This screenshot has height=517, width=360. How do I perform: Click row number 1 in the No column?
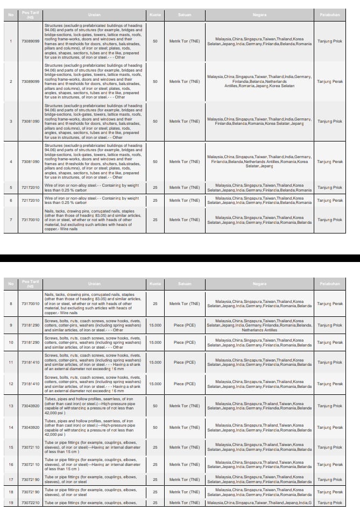(x=11, y=41)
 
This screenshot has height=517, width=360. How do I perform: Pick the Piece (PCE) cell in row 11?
(x=185, y=363)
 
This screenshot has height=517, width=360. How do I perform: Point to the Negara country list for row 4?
(x=259, y=162)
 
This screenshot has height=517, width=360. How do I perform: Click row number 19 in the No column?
(x=11, y=502)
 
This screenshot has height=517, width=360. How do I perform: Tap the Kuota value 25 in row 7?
(x=155, y=219)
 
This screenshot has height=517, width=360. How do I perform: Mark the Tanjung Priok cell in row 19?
(x=330, y=502)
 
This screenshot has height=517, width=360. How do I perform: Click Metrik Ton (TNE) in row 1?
(x=185, y=41)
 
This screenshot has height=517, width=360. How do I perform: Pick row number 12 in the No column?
(x=11, y=384)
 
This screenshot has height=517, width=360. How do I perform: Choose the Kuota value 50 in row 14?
(x=155, y=427)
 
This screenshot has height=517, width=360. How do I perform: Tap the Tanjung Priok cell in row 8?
(x=330, y=303)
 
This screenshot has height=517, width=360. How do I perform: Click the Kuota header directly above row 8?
(x=155, y=284)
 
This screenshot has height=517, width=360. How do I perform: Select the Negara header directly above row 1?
(x=259, y=15)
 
